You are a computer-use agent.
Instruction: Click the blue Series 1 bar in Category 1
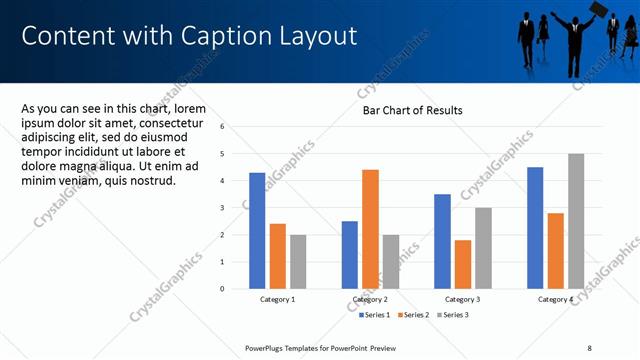tap(257, 231)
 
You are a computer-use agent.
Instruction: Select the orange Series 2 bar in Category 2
tap(370, 229)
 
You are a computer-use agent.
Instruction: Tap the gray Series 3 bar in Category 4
tap(576, 221)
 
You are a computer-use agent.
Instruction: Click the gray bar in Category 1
tap(298, 262)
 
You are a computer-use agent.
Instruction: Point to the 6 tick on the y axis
tap(236, 127)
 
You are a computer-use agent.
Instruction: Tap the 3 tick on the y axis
tap(236, 208)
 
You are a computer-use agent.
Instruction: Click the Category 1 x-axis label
tap(277, 299)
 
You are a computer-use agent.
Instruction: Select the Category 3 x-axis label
tap(462, 299)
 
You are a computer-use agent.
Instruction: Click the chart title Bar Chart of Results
tap(412, 110)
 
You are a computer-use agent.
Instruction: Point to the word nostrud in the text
tap(150, 180)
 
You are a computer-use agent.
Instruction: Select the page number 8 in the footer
tap(589, 347)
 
